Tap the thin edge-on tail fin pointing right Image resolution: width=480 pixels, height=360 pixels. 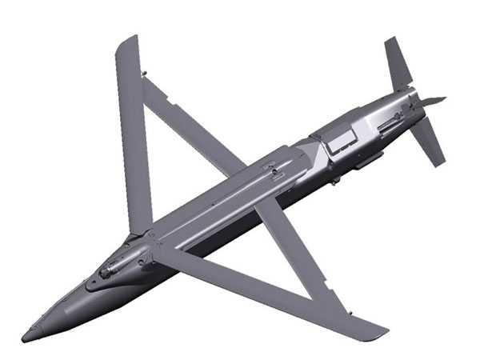[x=432, y=101]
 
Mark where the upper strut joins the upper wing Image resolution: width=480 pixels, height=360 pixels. [x=144, y=77]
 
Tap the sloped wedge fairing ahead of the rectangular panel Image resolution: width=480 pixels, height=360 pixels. [x=308, y=147]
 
